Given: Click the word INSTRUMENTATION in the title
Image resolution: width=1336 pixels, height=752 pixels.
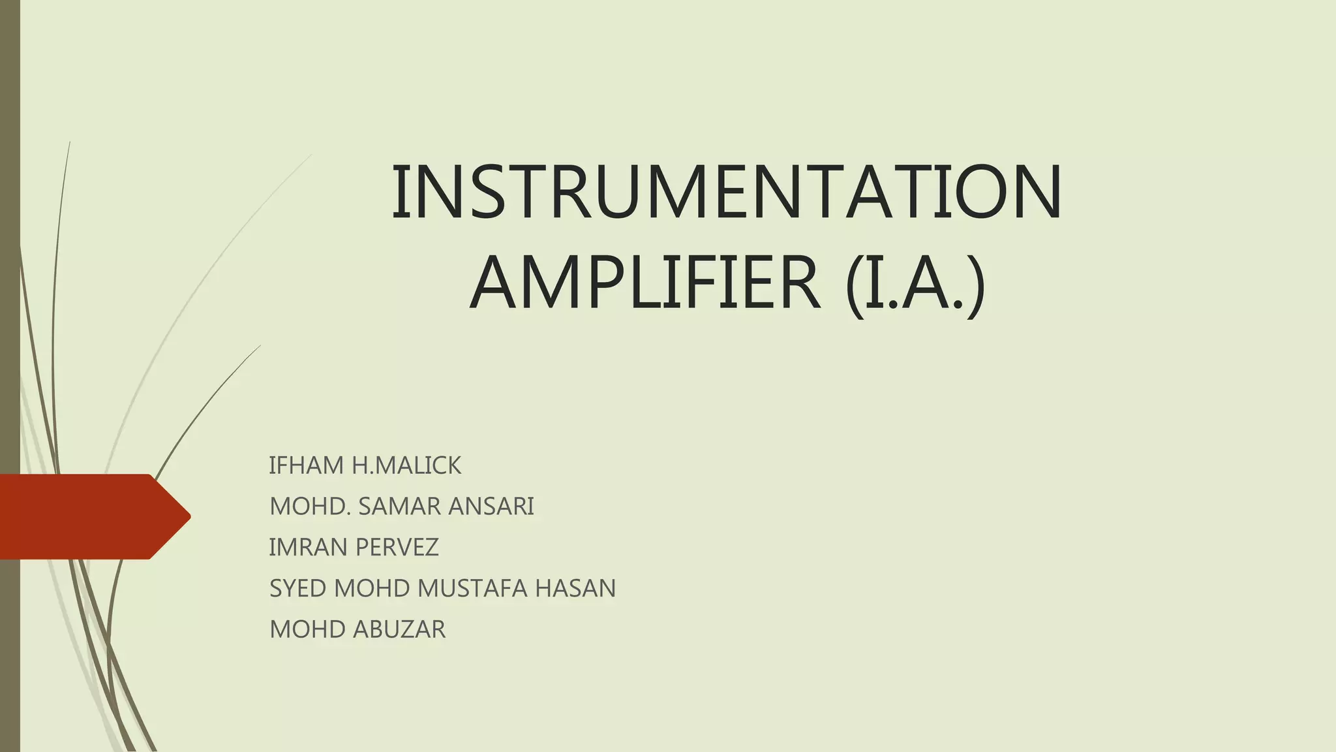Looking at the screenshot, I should click(727, 192).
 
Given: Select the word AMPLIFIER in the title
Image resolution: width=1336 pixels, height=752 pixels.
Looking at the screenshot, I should click(645, 283).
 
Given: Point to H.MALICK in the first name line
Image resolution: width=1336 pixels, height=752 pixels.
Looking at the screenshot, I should click(406, 465).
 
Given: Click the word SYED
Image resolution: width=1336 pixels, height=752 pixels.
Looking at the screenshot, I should click(298, 588).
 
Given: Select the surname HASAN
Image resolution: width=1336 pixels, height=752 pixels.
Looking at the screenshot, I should click(575, 588).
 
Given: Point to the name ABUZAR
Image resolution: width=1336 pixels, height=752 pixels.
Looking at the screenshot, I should click(399, 629).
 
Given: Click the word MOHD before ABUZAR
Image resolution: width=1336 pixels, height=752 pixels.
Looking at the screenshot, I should click(307, 629).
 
